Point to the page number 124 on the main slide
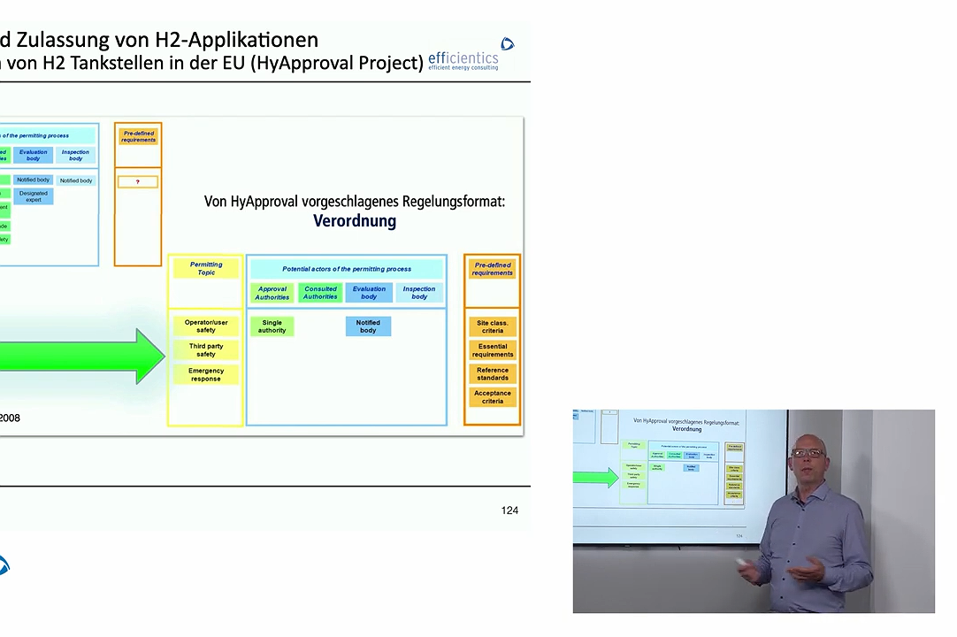click(x=509, y=510)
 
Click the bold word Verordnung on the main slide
click(x=355, y=221)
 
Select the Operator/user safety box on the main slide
click(x=206, y=326)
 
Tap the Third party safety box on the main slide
click(x=206, y=350)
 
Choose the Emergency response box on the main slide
click(x=206, y=374)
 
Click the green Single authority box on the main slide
click(x=272, y=326)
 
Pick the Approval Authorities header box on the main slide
click(x=272, y=293)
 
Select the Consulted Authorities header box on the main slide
click(x=320, y=293)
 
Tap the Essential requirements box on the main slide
click(x=493, y=350)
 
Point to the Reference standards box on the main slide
click(x=493, y=373)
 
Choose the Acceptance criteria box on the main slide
click(x=493, y=396)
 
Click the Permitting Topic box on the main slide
click(x=206, y=268)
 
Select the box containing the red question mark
click(x=138, y=182)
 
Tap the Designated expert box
click(x=34, y=196)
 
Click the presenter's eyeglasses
click(x=808, y=452)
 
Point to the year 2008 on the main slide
click(x=10, y=418)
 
